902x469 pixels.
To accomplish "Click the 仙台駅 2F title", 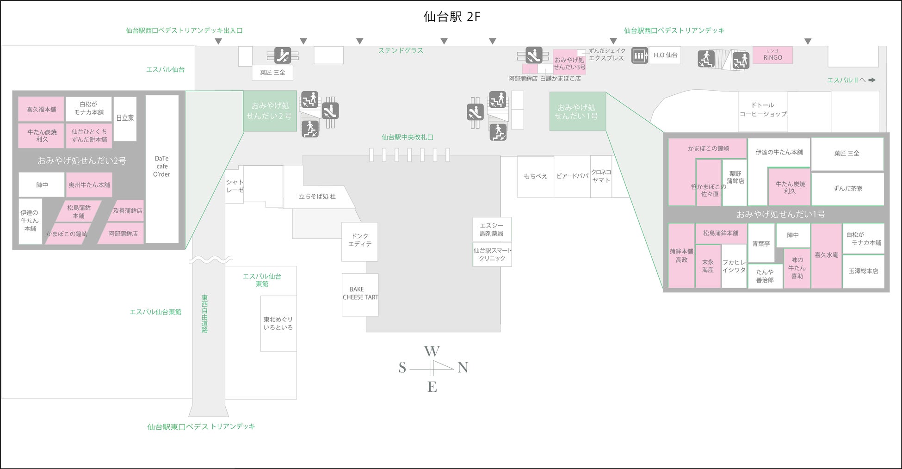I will tap(452, 17).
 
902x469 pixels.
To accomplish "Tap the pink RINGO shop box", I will tap(772, 55).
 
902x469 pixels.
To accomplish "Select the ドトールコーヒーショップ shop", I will tap(763, 110).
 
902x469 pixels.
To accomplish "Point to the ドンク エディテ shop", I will tap(360, 241).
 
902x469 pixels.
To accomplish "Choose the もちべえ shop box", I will tap(535, 176).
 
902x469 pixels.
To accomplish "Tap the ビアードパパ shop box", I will tap(572, 176).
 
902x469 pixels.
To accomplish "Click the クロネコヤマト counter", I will tap(601, 176).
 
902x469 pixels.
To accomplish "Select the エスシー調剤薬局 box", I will tap(492, 229).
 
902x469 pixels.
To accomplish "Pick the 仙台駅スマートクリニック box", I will tap(492, 254).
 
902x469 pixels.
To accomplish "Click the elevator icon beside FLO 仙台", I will tap(640, 56).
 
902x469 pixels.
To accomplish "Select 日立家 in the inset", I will tap(125, 118).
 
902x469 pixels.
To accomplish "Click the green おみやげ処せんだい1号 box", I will tap(577, 111).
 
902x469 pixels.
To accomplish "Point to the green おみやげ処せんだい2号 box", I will tap(270, 111).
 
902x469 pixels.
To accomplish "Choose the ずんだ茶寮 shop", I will tap(847, 189).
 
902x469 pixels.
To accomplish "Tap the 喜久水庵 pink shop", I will tap(826, 255).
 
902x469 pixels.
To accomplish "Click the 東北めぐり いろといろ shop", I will tap(278, 323).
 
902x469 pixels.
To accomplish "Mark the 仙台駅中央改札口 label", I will tap(408, 137).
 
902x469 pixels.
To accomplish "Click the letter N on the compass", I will tap(463, 368).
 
